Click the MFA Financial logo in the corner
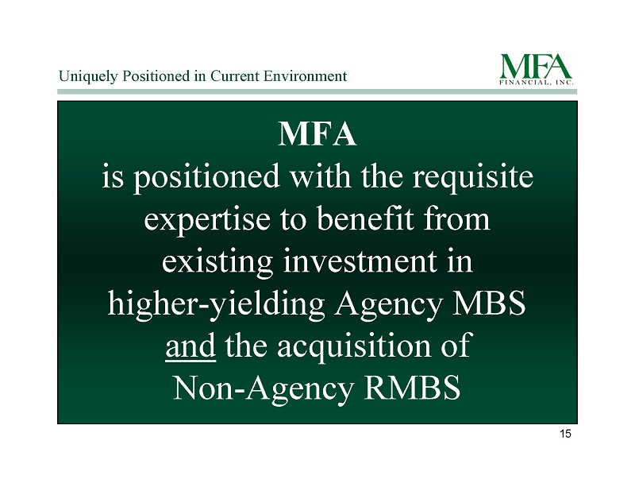[x=537, y=69]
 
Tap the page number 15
[x=565, y=434]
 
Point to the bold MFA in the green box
[x=317, y=134]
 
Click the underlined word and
[x=190, y=346]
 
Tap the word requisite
[x=472, y=178]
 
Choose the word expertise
[x=207, y=219]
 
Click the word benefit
[x=365, y=218]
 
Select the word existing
[x=217, y=262]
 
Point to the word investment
[x=360, y=261]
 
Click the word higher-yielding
[x=216, y=304]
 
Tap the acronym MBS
[x=488, y=303]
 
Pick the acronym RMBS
[x=412, y=388]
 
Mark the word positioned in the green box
[x=206, y=178]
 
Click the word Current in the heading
[x=235, y=75]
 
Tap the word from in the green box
[x=457, y=218]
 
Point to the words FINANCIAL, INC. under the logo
[x=537, y=83]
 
